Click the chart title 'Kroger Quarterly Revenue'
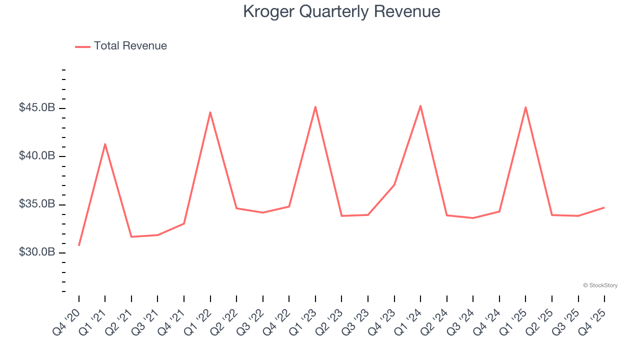click(341, 11)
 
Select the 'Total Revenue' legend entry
click(121, 46)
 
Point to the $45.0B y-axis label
click(37, 108)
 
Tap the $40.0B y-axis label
click(37, 156)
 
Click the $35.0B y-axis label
click(37, 204)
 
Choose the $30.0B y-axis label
click(37, 252)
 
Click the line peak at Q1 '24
click(420, 105)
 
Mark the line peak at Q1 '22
click(210, 112)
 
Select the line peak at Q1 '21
click(105, 144)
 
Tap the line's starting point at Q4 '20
click(79, 245)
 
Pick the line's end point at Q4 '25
click(604, 207)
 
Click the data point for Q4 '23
click(394, 185)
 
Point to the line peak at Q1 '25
click(525, 107)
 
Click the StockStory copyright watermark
click(600, 285)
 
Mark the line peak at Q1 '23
click(315, 106)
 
